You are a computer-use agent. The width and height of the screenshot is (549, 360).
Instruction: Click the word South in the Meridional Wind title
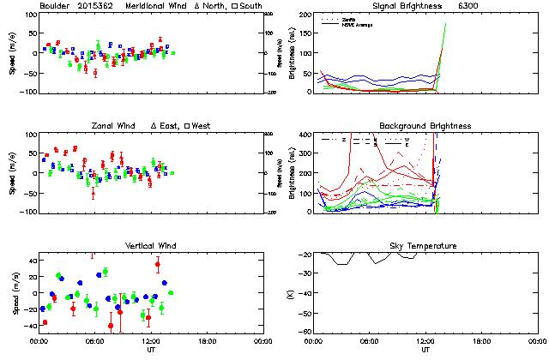227,6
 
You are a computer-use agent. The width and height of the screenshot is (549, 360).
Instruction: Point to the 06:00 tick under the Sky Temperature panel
370,340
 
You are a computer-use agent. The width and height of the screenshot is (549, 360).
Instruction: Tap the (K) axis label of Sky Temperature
289,293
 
